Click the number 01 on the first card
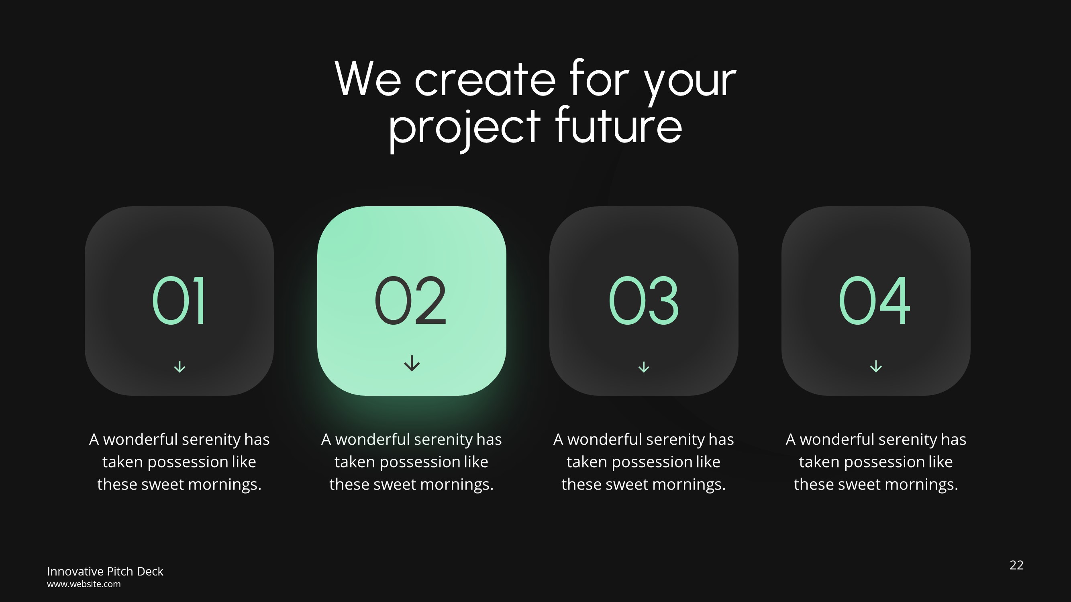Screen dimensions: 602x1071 [x=179, y=300]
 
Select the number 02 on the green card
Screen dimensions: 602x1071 [x=411, y=300]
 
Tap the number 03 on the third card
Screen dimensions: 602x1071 [x=643, y=300]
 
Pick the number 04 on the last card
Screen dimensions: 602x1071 [x=875, y=300]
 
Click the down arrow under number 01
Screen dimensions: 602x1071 [x=180, y=367]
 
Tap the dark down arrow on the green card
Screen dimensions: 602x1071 [x=412, y=363]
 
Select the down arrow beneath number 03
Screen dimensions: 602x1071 [x=644, y=367]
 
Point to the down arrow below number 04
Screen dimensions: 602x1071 [x=875, y=366]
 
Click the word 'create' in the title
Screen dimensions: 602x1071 [x=485, y=80]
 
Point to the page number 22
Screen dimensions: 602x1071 [x=1016, y=565]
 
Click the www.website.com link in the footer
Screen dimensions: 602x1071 [x=84, y=584]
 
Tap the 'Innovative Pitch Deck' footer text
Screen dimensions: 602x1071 [x=105, y=571]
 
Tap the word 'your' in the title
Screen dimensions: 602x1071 [x=690, y=81]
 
